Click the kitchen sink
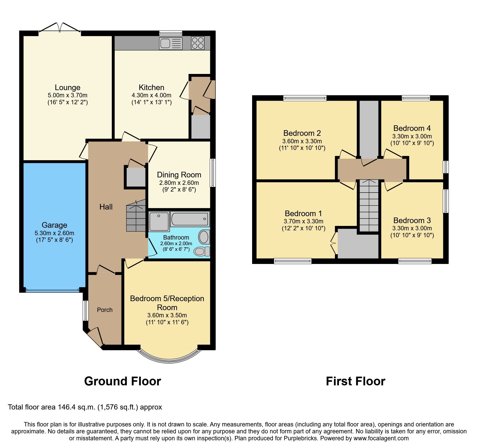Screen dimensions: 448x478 (x=171, y=43)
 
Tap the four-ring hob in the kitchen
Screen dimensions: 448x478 (x=198, y=43)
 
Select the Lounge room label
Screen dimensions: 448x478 (x=68, y=87)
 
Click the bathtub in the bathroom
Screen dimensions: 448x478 (x=190, y=219)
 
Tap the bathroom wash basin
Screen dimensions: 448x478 (x=204, y=237)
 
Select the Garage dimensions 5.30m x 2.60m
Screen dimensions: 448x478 (x=54, y=233)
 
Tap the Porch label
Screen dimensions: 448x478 (x=105, y=310)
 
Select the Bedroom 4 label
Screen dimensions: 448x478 (x=412, y=128)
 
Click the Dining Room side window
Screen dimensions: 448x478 (x=213, y=173)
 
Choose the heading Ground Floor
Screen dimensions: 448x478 (x=123, y=381)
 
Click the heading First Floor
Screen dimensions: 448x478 (x=355, y=381)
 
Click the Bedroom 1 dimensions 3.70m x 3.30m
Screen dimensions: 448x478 (x=304, y=221)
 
